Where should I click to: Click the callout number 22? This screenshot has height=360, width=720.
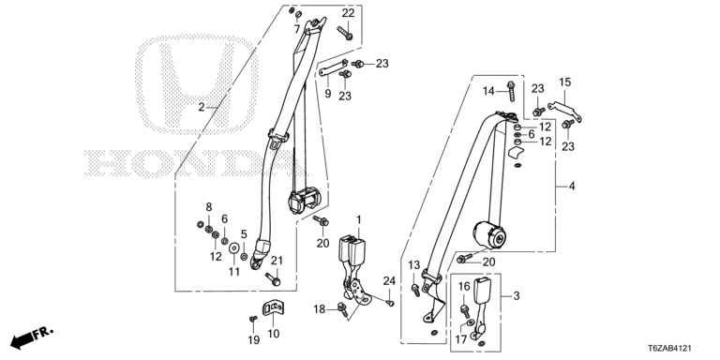click(348, 13)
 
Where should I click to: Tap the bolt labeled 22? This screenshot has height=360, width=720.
click(344, 33)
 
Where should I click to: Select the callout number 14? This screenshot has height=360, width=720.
click(488, 91)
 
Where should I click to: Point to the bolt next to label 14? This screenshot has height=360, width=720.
click(511, 91)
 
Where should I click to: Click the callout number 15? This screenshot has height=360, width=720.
click(564, 82)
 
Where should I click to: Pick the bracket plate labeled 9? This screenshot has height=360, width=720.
click(333, 67)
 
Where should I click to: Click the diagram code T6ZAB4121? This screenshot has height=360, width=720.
click(670, 349)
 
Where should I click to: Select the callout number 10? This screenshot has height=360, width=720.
click(273, 334)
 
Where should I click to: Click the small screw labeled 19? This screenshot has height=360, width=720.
click(253, 318)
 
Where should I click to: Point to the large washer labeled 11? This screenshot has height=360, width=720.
click(234, 248)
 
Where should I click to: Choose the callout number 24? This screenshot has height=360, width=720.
click(389, 281)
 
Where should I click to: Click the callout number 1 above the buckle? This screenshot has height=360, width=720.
click(358, 219)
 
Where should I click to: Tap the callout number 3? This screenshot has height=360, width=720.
click(517, 295)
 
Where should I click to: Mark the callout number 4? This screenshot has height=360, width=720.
click(572, 186)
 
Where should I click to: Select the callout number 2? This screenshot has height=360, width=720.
click(202, 108)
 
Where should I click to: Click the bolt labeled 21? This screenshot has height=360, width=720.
click(273, 279)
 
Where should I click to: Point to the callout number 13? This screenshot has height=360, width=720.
click(414, 264)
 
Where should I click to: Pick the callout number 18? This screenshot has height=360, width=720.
click(320, 309)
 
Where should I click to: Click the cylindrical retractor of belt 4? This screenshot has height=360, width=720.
click(489, 235)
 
